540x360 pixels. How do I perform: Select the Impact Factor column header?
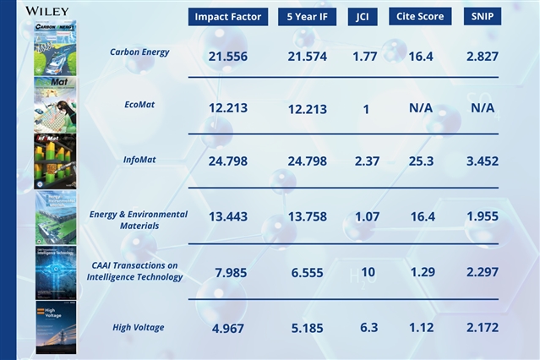227,17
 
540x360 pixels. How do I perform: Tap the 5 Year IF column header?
308,17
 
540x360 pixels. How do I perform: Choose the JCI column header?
363,17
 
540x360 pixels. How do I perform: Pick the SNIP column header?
483,17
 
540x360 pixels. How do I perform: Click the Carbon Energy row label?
139,52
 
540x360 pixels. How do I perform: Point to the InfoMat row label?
139,161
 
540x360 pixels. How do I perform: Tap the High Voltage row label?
139,327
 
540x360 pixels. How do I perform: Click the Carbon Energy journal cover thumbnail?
55,48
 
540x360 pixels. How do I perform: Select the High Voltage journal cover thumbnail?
55,327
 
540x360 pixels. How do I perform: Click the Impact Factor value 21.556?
227,56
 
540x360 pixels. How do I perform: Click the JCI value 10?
363,272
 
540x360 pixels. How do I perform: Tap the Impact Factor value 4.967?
227,327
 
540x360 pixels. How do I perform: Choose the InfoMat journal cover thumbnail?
55,161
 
